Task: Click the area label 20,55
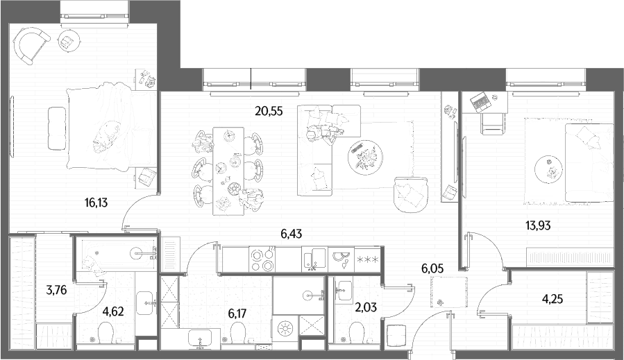pos(269,112)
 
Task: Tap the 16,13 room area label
pos(96,203)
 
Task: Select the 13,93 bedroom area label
pos(538,226)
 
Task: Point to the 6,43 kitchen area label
pos(292,234)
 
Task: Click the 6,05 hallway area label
pos(432,268)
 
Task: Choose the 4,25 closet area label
pos(553,299)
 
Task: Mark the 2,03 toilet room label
pos(365,307)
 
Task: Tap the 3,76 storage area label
pos(56,291)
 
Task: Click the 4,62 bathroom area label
pos(113,311)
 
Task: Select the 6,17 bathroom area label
pos(237,314)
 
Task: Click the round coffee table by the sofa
pos(365,156)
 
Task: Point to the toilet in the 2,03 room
pos(355,331)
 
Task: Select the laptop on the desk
pos(480,101)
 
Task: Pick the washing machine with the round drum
pos(285,329)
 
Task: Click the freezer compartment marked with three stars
pos(368,259)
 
